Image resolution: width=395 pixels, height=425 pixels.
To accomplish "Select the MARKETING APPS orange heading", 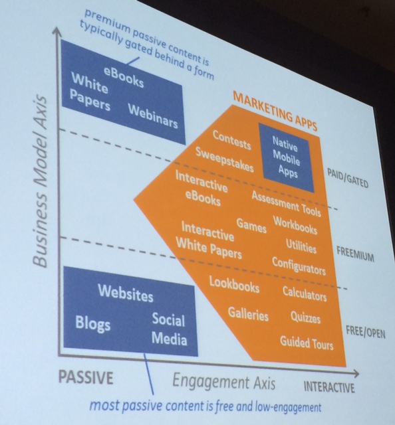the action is pyautogui.click(x=275, y=111).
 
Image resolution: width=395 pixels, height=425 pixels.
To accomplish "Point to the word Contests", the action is pyautogui.click(x=231, y=140).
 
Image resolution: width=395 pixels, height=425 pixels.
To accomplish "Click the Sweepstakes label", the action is pyautogui.click(x=225, y=160).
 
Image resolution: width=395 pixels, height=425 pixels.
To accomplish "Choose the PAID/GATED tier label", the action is pyautogui.click(x=348, y=178).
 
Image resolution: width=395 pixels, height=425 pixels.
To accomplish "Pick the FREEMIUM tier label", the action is pyautogui.click(x=355, y=254).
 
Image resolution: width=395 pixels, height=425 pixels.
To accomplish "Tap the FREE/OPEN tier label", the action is pyautogui.click(x=366, y=332).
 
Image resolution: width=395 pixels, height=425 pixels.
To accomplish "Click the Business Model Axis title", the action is pyautogui.click(x=40, y=181).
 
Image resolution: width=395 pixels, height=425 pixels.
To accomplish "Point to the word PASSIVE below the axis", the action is pyautogui.click(x=86, y=377).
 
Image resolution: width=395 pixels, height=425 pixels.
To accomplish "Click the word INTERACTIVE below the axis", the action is pyautogui.click(x=329, y=387).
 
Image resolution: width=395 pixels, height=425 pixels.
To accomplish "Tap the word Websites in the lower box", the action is pyautogui.click(x=126, y=293).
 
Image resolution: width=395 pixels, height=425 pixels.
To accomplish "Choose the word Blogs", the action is pyautogui.click(x=93, y=323).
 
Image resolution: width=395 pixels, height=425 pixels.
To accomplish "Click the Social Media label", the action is pyautogui.click(x=169, y=329).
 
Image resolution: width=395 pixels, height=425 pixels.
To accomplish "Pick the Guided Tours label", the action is pyautogui.click(x=307, y=343).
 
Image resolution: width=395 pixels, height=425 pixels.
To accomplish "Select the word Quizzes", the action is pyautogui.click(x=305, y=317).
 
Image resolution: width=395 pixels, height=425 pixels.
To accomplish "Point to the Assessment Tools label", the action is pyautogui.click(x=286, y=204).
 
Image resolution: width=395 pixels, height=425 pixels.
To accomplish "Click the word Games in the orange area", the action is pyautogui.click(x=251, y=226).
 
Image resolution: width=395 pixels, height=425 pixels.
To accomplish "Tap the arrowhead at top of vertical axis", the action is pyautogui.click(x=57, y=31).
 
